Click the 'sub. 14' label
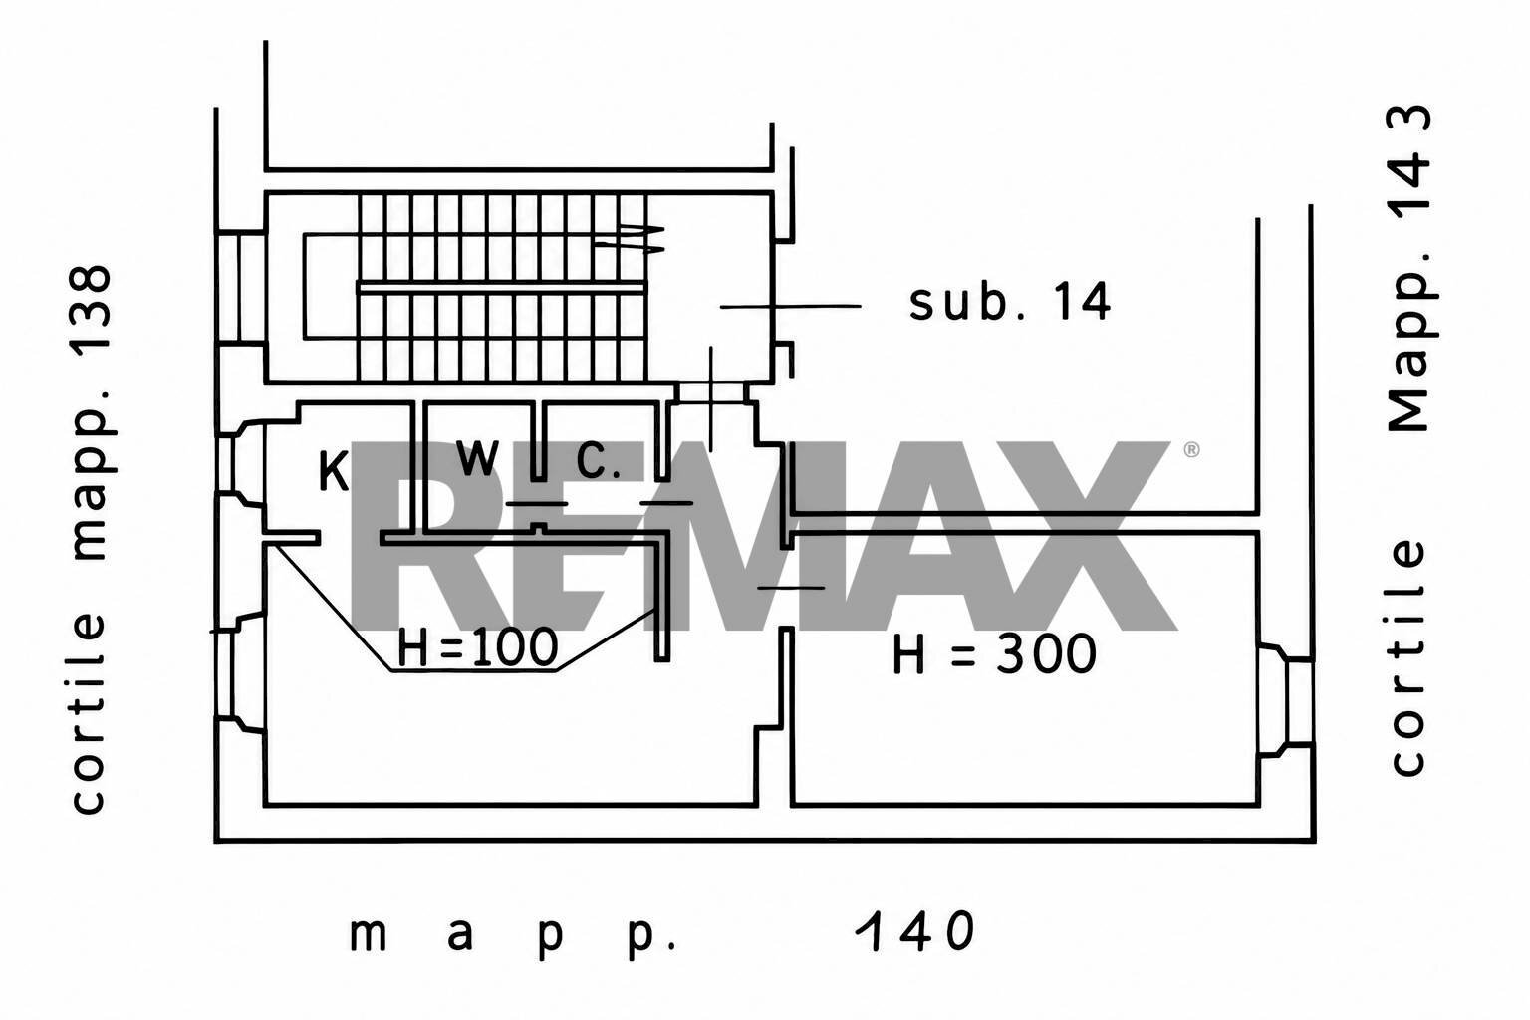pyautogui.click(x=1009, y=303)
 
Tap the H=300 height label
pyautogui.click(x=994, y=653)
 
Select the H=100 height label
pyautogui.click(x=477, y=647)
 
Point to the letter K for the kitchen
pyautogui.click(x=334, y=471)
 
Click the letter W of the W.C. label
pyautogui.click(x=477, y=457)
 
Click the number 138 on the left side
pyautogui.click(x=93, y=318)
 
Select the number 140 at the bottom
pyautogui.click(x=915, y=930)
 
